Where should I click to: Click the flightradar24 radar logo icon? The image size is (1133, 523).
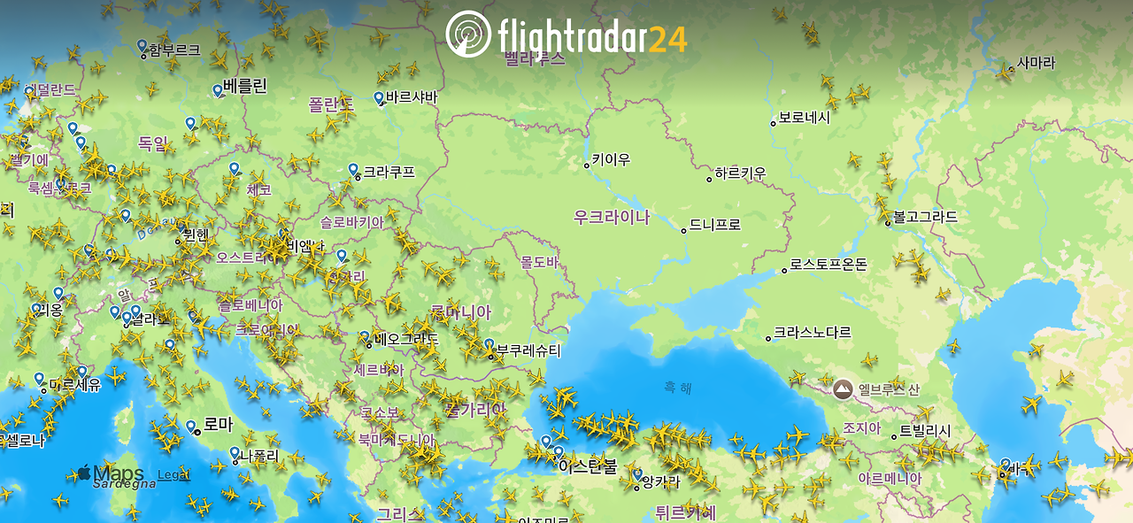[469, 35]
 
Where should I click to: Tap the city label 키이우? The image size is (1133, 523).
[611, 160]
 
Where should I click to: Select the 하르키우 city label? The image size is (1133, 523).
[740, 174]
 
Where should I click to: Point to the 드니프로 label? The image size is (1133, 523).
[714, 225]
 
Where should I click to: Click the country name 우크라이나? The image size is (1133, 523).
[612, 217]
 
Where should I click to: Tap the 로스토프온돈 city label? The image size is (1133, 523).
[829, 265]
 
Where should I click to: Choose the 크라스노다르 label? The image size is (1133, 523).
[812, 333]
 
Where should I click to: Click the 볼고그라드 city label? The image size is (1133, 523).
[925, 217]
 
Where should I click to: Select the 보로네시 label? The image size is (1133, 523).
[804, 118]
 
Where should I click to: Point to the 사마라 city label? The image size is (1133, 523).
[1036, 64]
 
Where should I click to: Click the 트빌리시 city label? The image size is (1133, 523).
[925, 431]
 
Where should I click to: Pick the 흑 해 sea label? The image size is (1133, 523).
[679, 387]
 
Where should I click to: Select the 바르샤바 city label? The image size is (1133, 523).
[412, 97]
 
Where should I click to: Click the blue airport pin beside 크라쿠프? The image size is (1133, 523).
[353, 169]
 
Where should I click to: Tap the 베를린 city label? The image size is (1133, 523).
[245, 87]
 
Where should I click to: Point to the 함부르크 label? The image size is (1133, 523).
[174, 50]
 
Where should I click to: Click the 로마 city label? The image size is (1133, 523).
[218, 425]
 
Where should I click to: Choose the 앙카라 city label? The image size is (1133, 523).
[660, 482]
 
